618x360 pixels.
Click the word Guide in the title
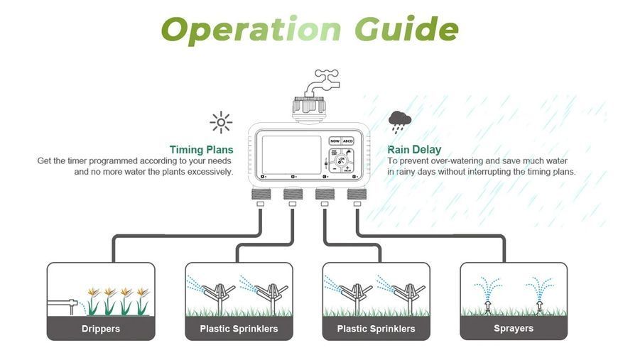click(406, 28)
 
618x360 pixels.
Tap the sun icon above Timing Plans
click(221, 123)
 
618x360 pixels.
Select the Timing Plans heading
click(202, 150)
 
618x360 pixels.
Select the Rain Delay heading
click(414, 150)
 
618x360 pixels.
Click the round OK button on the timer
click(340, 160)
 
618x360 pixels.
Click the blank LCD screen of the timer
click(292, 155)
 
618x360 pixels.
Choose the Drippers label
click(101, 329)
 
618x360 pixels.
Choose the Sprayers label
click(514, 329)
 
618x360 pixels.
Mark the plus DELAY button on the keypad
click(347, 168)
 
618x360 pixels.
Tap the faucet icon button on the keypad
click(347, 153)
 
